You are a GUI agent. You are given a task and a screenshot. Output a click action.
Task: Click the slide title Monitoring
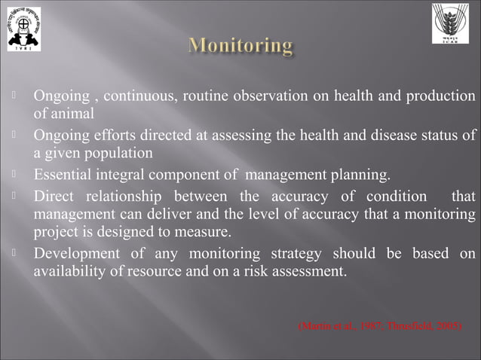240,47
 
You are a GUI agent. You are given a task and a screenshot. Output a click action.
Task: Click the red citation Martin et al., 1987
339,326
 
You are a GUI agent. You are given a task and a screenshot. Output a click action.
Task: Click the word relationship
131,197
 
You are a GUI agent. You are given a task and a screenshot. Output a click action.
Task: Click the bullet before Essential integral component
15,176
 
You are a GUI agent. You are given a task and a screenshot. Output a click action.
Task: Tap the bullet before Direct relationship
15,197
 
